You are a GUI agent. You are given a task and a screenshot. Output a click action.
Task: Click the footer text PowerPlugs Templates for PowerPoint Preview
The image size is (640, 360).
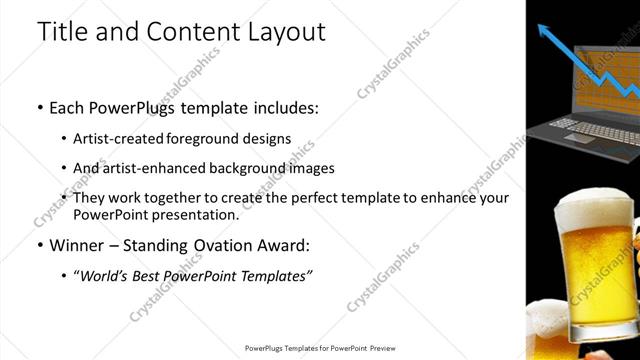(320, 348)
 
